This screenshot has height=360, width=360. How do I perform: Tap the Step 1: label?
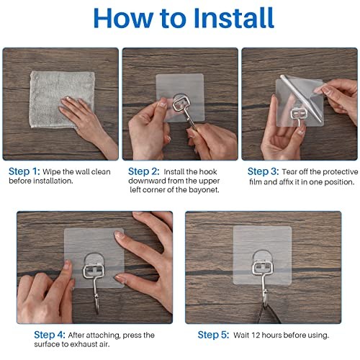tap(24, 171)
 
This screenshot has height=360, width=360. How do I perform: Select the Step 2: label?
tap(144, 171)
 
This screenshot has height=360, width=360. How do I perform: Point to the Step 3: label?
tap(264, 171)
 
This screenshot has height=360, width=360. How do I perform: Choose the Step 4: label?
tap(50, 335)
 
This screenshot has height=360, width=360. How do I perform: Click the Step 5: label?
tap(213, 335)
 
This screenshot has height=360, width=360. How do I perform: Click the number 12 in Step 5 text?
tap(256, 335)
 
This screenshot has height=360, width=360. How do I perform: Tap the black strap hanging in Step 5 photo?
tap(269, 313)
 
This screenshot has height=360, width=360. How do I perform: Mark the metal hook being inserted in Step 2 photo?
tap(184, 109)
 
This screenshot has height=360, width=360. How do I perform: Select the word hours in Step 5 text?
tap(273, 335)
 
